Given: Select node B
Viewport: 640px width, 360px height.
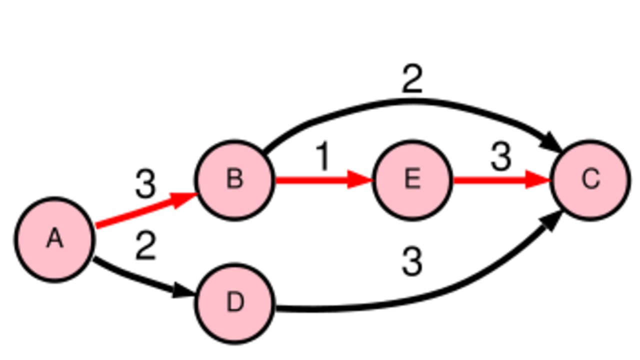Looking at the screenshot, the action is (x=235, y=180).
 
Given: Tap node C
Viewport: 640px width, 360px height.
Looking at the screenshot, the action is (x=590, y=180).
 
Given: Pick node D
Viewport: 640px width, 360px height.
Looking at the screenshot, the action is (x=235, y=303).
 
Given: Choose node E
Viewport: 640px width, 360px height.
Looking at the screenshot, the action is (x=412, y=180).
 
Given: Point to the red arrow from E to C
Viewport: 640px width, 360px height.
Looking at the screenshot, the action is (x=501, y=180).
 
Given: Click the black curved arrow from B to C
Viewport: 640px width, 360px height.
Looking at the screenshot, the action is (x=411, y=101).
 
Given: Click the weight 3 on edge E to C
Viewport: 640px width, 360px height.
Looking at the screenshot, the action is (x=500, y=156).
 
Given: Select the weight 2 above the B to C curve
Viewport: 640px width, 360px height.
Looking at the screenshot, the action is (x=412, y=78).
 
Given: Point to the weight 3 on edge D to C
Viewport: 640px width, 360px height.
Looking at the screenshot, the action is (x=412, y=261).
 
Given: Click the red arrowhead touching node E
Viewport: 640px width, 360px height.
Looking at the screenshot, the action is (x=359, y=180).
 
